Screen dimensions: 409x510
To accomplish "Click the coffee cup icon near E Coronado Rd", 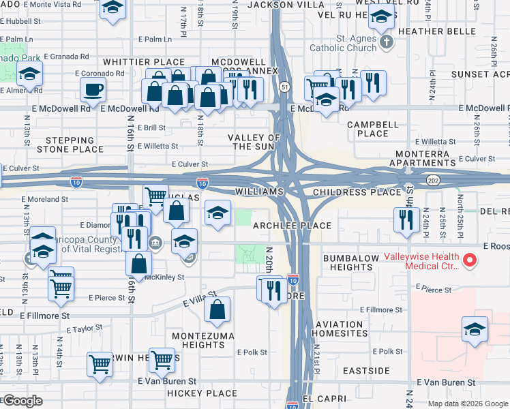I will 93,89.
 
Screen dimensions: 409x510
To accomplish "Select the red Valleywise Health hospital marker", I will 468,260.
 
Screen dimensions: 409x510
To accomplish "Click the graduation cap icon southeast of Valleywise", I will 475,330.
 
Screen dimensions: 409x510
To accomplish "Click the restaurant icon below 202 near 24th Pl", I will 406,219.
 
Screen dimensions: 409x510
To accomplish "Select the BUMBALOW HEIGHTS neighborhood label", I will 348,262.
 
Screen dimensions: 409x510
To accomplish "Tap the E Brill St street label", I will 151,127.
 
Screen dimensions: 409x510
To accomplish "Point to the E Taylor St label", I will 84,329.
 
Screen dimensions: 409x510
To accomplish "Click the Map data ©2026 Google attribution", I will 468,403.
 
